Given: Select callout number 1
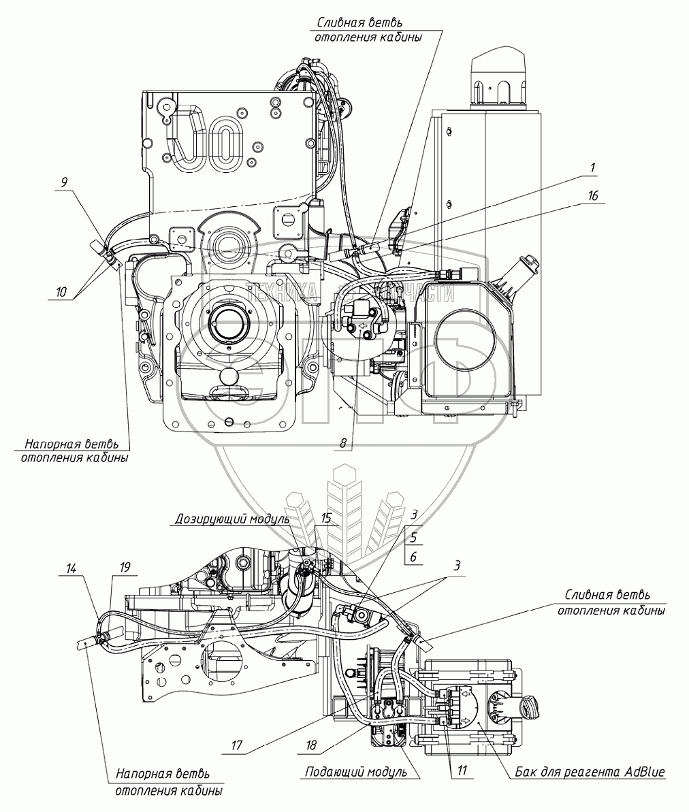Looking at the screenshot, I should coord(592,167).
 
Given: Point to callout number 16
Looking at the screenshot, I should coord(594,195).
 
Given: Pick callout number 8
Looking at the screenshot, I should coord(344,443).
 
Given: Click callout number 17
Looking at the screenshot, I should coord(236,745).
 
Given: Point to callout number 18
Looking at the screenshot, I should coord(312,745).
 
